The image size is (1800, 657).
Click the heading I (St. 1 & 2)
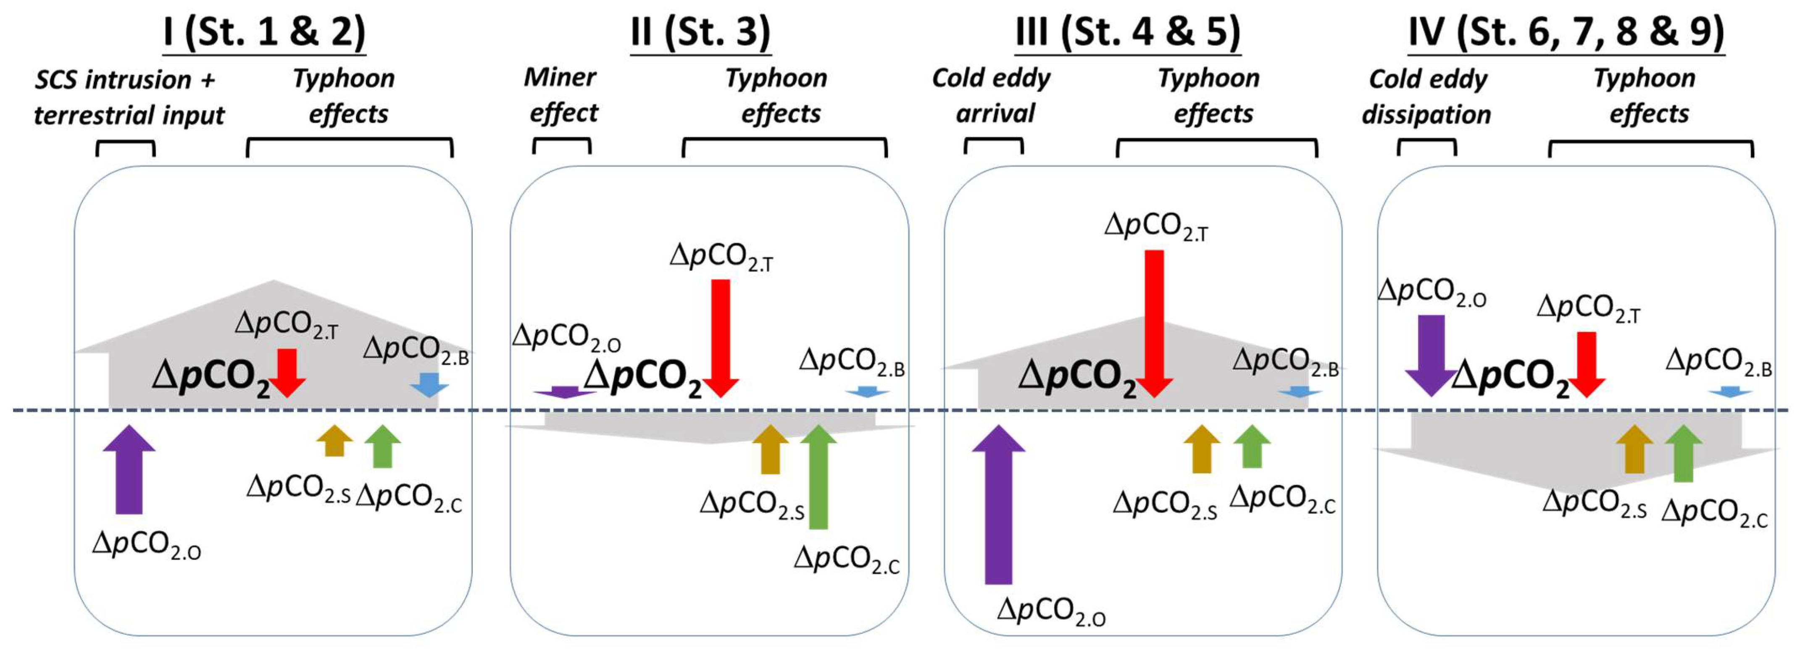(264, 32)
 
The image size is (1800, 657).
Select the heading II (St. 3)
(700, 32)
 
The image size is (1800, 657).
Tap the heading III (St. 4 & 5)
(1128, 32)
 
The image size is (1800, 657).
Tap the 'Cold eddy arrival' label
(992, 96)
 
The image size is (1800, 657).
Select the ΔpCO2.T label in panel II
(721, 257)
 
